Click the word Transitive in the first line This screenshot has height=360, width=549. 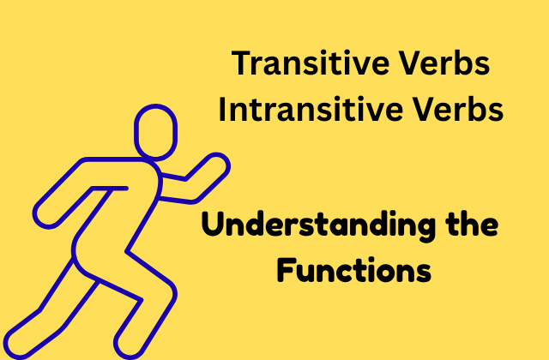pyautogui.click(x=311, y=63)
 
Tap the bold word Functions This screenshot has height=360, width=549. pyautogui.click(x=354, y=269)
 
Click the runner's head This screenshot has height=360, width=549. pyautogui.click(x=155, y=132)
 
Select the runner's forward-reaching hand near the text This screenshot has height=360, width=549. pyautogui.click(x=216, y=164)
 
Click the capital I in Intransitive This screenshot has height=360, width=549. pyautogui.click(x=222, y=109)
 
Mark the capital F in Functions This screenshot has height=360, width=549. pyautogui.click(x=286, y=269)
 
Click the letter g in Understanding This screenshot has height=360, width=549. pyautogui.click(x=425, y=230)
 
